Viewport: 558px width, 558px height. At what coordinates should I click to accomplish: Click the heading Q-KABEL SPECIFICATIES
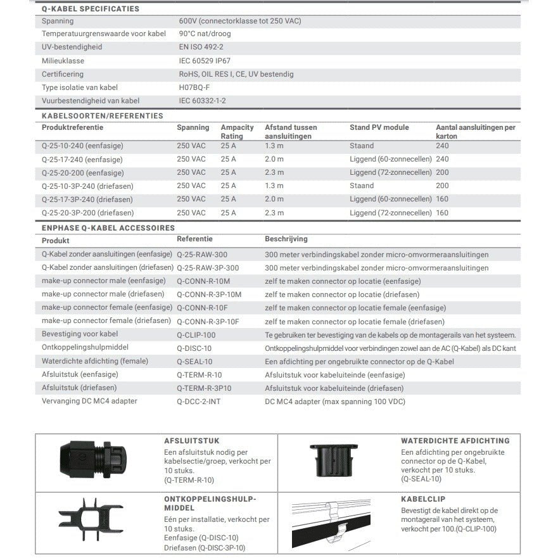90,9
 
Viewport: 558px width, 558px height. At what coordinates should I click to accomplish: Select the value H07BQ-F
194,87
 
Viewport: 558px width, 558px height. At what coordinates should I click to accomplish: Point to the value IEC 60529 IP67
214,61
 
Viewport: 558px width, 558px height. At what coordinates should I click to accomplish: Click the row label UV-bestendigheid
72,47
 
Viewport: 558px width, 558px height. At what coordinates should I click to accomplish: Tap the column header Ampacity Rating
237,132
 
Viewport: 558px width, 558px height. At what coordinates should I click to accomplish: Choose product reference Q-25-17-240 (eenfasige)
82,160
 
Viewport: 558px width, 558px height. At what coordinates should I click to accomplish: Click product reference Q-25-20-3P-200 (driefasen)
87,213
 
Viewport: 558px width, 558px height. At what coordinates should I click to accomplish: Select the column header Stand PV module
379,127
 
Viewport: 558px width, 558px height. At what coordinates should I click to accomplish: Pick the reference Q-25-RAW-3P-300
208,268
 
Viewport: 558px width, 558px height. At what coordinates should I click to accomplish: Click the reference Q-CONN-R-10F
203,308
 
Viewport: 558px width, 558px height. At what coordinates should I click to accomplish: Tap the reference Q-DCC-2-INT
199,401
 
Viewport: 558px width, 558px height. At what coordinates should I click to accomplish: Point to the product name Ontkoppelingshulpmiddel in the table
85,348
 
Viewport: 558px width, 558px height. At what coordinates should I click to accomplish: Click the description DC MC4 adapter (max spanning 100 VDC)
334,402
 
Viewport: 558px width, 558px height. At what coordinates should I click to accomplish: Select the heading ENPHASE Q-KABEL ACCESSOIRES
108,227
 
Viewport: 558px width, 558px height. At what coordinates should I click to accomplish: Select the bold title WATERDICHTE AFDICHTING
455,440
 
